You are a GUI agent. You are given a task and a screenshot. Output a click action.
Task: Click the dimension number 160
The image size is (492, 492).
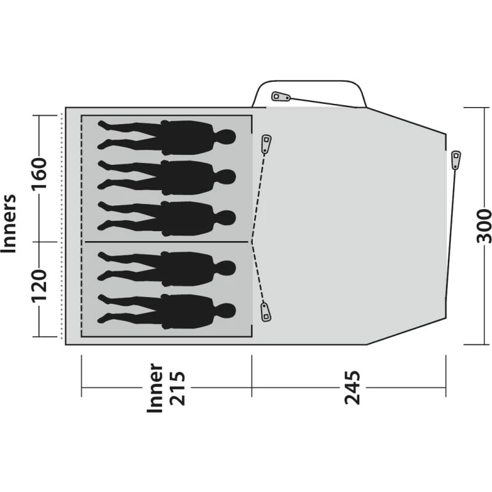(39, 173)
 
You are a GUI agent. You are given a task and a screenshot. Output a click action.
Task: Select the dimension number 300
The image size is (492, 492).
(483, 226)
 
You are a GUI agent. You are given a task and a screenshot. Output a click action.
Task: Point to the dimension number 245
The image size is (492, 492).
(352, 387)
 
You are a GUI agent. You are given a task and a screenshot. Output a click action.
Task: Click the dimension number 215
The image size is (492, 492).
(177, 388)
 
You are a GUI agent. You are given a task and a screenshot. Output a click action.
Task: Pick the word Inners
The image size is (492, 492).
(8, 223)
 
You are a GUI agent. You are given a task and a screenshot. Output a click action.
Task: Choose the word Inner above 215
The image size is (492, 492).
(155, 388)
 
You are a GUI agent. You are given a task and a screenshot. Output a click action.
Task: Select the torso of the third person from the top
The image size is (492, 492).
(188, 218)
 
